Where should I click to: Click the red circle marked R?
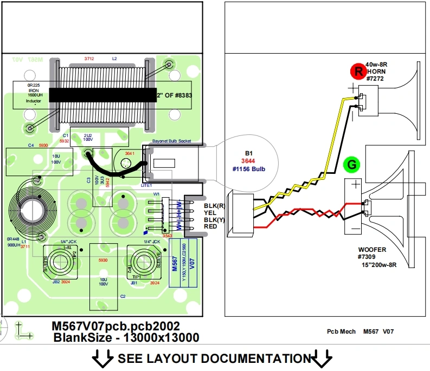point(358,71)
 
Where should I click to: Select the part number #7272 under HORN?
point(375,79)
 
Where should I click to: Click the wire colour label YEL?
point(210,213)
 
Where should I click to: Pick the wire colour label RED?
point(210,226)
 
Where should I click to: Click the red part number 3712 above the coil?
point(89,58)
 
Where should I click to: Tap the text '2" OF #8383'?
point(175,95)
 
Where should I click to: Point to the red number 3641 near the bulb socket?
point(130,154)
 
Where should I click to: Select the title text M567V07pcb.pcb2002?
point(115,326)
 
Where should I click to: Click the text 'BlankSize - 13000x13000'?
point(126,338)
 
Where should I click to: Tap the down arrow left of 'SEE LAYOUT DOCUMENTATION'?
point(101,358)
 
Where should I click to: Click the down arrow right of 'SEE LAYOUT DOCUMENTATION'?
point(324,358)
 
